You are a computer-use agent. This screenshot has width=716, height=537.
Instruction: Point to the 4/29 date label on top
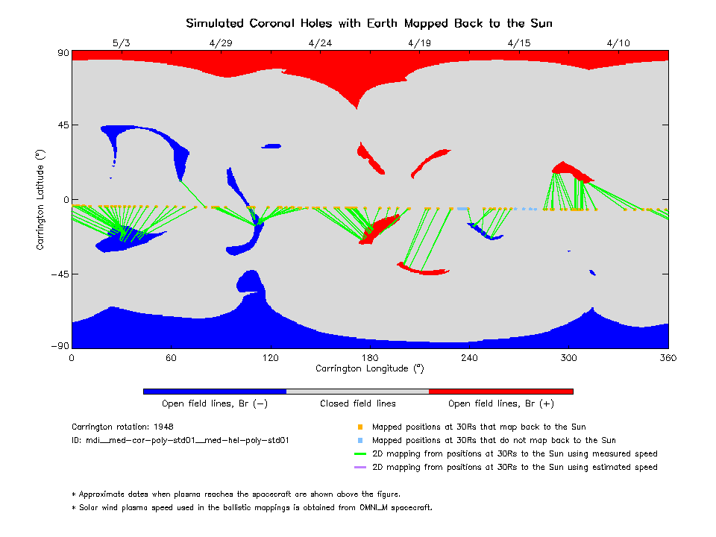coord(221,43)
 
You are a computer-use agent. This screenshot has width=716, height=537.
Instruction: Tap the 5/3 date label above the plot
coord(122,43)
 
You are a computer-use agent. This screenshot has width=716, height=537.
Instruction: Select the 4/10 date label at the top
coord(618,43)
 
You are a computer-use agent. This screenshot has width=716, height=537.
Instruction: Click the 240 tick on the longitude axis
coord(469,358)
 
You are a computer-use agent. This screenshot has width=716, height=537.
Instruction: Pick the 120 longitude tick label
coord(271,358)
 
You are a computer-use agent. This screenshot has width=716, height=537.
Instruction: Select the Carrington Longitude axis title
coord(369,368)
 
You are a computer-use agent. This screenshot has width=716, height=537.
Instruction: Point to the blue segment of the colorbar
coord(215,391)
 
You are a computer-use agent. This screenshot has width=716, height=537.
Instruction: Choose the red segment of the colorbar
coord(501,391)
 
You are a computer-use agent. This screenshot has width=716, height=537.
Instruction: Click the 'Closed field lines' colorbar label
coord(358,403)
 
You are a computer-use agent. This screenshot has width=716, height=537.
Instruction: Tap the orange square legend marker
coord(359,427)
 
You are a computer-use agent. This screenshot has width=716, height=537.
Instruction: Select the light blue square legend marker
coord(359,441)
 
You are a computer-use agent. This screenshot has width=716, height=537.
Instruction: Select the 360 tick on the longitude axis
coord(668,358)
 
